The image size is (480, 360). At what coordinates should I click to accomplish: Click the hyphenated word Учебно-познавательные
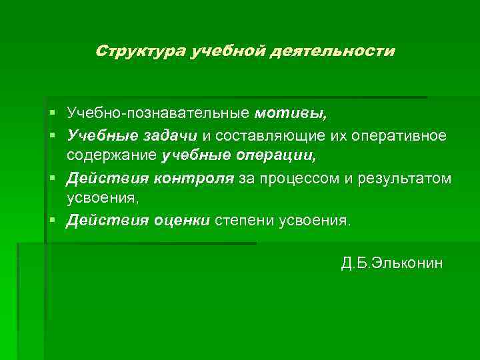[158, 113]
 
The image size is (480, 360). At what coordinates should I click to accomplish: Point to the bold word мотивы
[291, 113]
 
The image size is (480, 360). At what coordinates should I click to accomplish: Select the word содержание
[111, 157]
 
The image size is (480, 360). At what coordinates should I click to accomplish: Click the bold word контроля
[193, 179]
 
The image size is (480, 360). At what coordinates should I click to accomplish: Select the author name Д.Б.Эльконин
[391, 263]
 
